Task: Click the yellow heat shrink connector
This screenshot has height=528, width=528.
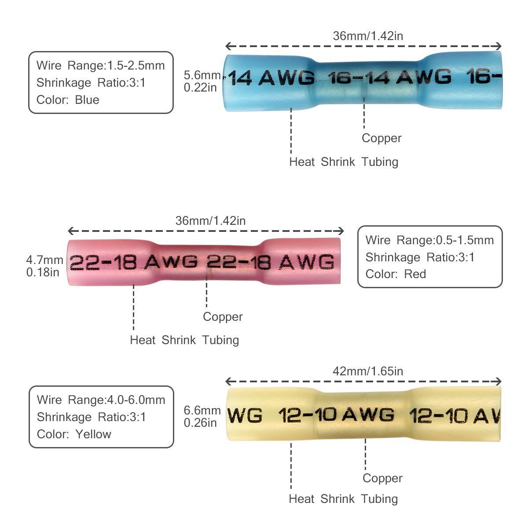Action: tap(363, 415)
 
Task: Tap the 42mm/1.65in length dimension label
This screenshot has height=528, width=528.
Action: tap(368, 371)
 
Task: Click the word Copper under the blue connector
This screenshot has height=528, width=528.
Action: tap(381, 138)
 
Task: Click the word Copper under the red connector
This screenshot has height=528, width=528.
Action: tap(223, 317)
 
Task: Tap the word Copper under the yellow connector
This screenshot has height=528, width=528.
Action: tap(382, 478)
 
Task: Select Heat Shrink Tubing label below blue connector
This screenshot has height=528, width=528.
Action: tap(344, 162)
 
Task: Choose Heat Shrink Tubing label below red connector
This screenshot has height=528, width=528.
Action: tap(184, 340)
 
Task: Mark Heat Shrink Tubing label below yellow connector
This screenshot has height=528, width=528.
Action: tap(343, 499)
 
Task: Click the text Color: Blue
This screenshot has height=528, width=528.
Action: tap(68, 100)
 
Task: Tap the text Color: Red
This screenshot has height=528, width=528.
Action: tap(396, 274)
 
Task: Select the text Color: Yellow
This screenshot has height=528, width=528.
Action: tap(74, 434)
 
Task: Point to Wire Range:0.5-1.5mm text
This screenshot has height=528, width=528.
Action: tap(429, 240)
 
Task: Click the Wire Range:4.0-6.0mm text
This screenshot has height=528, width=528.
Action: tap(101, 400)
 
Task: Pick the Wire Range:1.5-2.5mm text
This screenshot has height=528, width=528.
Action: tap(100, 66)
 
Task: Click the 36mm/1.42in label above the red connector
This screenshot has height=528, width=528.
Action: tap(210, 221)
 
